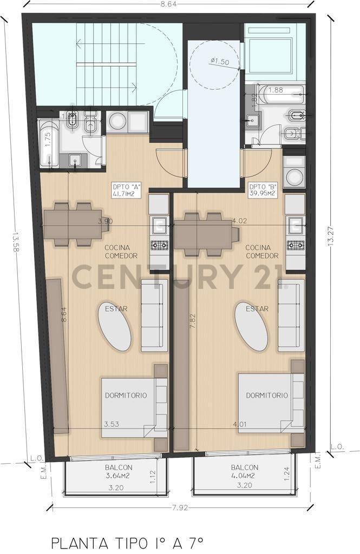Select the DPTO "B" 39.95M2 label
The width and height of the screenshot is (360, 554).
tap(263, 190)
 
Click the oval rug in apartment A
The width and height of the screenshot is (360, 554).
tap(114, 327)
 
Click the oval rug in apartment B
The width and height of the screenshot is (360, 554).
tap(251, 327)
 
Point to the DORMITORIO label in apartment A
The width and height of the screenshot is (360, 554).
tap(126, 395)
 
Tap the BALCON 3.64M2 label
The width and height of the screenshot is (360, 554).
tap(119, 472)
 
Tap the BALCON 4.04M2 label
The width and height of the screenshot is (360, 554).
tap(245, 472)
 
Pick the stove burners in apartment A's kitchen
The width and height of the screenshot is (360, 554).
tap(159, 246)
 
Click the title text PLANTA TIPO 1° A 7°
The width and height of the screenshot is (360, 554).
tap(127, 542)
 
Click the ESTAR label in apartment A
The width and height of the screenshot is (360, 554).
tap(117, 309)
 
